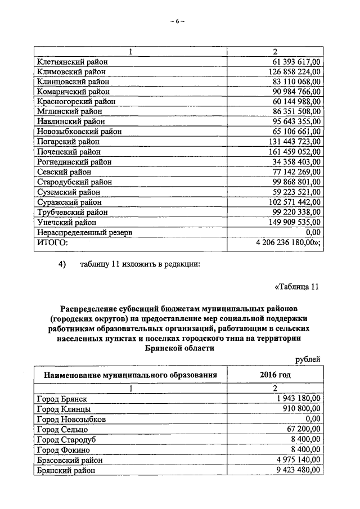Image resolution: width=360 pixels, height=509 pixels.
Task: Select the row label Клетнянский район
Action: [x=71, y=61]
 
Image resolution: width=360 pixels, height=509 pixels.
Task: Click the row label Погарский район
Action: [x=65, y=141]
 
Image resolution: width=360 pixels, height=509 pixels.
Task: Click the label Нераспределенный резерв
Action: [x=85, y=232]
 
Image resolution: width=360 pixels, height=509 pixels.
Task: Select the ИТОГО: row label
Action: [x=52, y=242]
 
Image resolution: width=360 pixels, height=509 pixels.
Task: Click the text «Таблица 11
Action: [x=296, y=287]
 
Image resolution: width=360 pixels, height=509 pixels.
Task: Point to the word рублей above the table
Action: [x=308, y=359]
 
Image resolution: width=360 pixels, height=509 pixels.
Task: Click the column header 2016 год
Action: [x=275, y=375]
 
